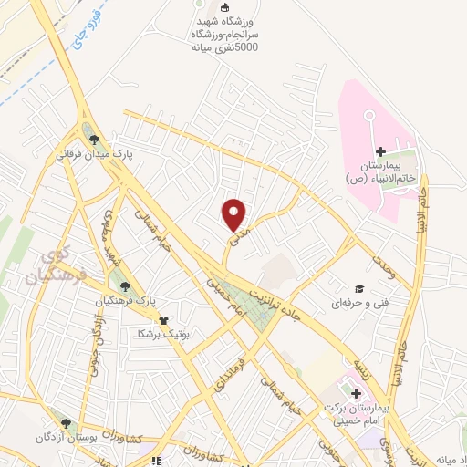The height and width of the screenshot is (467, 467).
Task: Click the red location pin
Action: click(234, 213)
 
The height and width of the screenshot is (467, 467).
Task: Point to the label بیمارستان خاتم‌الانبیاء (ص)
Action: click(387, 172)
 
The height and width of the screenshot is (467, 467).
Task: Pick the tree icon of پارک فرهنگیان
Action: click(112, 286)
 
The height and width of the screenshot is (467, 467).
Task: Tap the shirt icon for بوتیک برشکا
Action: click(163, 319)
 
